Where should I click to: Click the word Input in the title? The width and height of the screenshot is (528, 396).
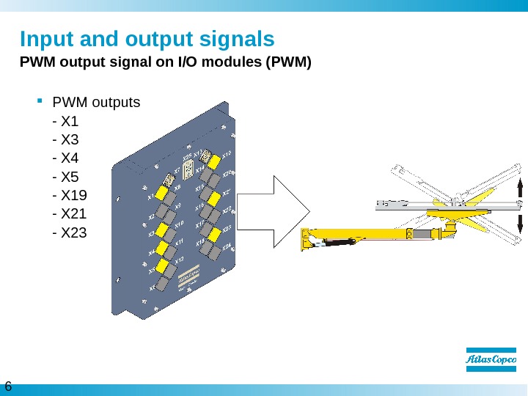point(46,38)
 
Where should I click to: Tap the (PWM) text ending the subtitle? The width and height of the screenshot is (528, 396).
point(291,63)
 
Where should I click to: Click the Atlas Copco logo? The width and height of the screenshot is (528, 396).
point(491,359)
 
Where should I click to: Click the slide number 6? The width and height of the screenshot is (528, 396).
point(9,386)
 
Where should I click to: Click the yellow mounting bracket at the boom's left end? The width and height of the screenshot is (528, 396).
point(307,240)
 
